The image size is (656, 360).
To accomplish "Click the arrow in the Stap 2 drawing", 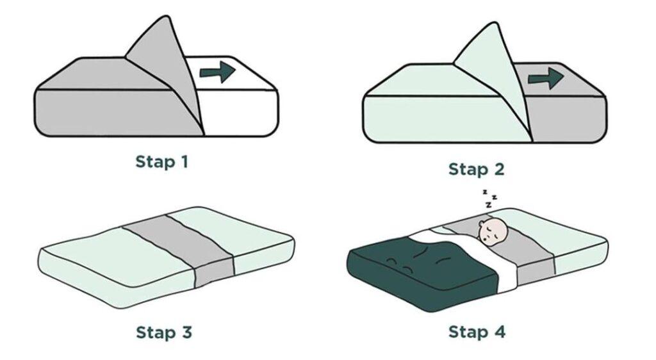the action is [x=546, y=79].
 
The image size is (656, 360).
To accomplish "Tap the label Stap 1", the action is [x=162, y=162].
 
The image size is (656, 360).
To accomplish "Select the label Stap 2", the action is [x=477, y=169].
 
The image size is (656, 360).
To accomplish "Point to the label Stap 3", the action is [x=164, y=333].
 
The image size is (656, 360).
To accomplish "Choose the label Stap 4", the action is [x=477, y=332].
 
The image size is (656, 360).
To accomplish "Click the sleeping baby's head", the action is [x=493, y=232].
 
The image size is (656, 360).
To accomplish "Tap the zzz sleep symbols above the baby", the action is [x=489, y=199].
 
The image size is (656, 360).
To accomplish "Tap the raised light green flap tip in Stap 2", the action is [x=496, y=24].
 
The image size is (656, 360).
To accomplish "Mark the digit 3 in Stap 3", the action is [x=186, y=333].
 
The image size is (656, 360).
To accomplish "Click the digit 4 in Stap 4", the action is [x=500, y=332].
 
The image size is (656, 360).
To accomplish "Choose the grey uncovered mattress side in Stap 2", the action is [x=569, y=119].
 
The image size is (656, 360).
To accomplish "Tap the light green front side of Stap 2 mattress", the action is [x=443, y=120].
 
